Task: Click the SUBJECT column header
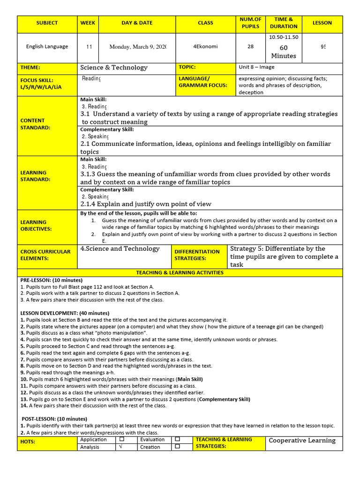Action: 47,22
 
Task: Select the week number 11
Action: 89,46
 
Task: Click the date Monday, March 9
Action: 138,46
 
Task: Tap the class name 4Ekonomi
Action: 205,46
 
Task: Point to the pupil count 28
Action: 250,46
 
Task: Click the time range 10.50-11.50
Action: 284,37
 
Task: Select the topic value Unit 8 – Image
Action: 257,67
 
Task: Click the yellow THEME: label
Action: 30,67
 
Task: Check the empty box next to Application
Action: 122,440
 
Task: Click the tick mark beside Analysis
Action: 122,447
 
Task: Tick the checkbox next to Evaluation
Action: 177,440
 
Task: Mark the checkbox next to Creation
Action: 177,447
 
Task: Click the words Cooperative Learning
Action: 302,441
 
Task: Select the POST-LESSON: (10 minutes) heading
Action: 54,419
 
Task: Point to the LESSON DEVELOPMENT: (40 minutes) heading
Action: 65,313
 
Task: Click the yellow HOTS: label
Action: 28,442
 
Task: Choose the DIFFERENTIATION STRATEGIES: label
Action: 197,255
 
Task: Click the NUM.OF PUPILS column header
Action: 250,22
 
